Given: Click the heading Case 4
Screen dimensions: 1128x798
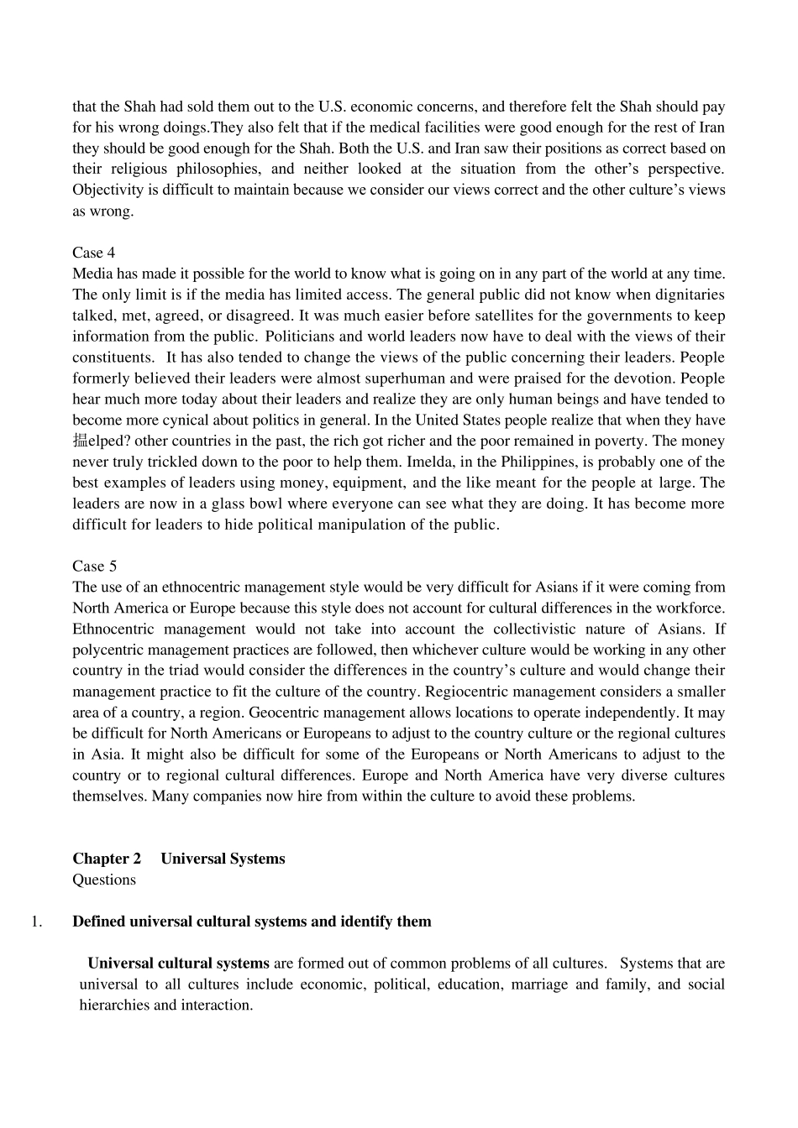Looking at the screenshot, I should pyautogui.click(x=93, y=253).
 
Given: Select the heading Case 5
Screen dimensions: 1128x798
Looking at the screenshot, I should pyautogui.click(x=93, y=566).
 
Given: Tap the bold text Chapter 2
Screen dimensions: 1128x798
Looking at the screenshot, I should pyautogui.click(x=107, y=859).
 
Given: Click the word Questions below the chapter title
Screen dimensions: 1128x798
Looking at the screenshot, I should pyautogui.click(x=103, y=880).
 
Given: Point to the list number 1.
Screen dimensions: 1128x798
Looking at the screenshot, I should pyautogui.click(x=36, y=922).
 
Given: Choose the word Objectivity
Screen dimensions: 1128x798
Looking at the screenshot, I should pyautogui.click(x=108, y=190).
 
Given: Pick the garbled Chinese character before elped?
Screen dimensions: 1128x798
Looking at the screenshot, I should pyautogui.click(x=80, y=441).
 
